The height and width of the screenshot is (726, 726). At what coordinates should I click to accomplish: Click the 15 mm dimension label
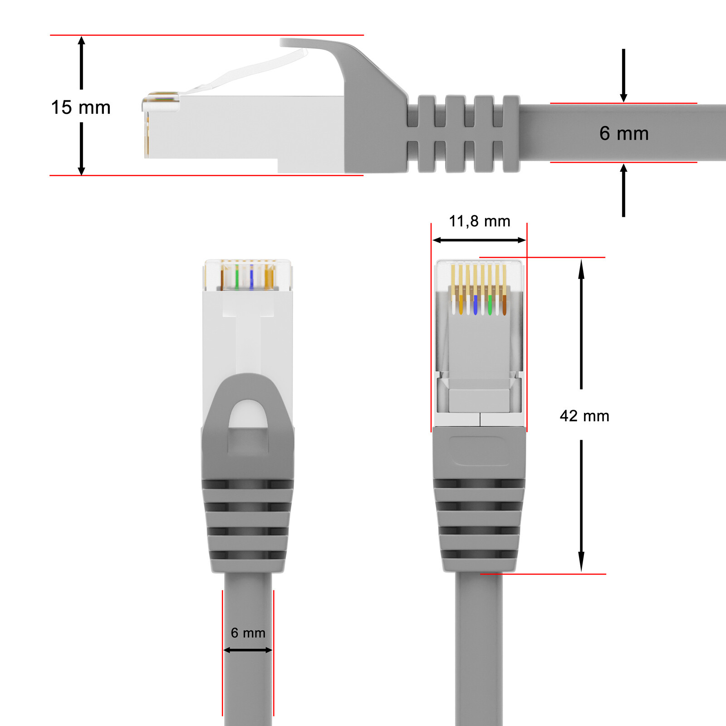81,108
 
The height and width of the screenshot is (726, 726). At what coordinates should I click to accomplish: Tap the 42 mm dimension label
584,416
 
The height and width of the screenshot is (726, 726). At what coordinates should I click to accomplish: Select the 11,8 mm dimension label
480,221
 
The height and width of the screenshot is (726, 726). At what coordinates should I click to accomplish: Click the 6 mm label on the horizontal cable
624,133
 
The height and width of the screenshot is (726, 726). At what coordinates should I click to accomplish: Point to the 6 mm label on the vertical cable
248,633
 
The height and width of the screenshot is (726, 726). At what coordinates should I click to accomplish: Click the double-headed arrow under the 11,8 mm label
479,240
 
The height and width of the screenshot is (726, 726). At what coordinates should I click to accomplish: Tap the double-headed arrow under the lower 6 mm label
248,650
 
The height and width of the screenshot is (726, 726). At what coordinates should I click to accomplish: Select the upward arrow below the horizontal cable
623,190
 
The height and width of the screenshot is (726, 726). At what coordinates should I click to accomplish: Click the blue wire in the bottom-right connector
475,305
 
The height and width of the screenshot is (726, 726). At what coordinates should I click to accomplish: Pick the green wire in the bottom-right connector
490,305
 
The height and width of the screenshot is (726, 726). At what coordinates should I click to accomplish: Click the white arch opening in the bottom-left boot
248,414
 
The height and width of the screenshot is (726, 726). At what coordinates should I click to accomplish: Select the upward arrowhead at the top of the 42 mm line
581,268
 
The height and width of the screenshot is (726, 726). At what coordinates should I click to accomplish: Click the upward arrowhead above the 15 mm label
82,42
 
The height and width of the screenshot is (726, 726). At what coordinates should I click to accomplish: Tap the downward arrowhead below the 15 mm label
82,170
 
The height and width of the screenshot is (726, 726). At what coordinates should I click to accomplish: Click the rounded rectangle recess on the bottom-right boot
479,451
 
